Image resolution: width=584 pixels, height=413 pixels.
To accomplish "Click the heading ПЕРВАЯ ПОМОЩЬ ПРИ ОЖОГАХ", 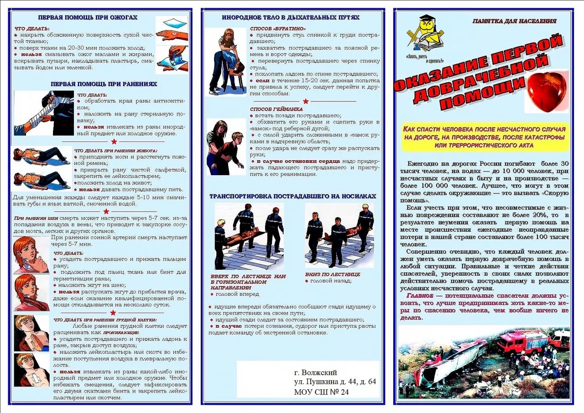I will pos(88,17).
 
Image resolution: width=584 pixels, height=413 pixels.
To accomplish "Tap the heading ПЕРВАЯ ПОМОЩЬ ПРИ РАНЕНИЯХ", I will pos(104,84).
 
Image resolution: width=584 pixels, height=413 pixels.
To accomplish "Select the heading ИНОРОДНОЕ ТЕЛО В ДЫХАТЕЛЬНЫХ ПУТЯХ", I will pos(291,17).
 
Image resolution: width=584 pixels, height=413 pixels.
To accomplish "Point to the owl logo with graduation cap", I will pos(425,36).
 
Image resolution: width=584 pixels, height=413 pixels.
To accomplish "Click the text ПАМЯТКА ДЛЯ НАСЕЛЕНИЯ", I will pos(514,21).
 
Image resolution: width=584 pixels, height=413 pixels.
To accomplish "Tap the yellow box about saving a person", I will pos(485,137).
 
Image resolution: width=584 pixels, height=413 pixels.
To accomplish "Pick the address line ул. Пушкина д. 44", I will pos(335,382).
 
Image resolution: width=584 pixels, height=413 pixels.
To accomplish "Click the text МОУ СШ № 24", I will pos(321,392).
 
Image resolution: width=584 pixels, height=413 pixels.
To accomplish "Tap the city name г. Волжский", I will pos(316,372).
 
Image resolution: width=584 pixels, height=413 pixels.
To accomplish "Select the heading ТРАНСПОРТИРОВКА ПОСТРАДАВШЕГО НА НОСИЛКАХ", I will pos(292,196).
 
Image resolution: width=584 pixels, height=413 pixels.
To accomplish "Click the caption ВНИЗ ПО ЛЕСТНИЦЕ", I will pos(333,274).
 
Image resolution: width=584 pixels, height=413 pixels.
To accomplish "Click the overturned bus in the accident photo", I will pos(452,363).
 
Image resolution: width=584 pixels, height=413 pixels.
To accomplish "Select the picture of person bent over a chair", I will pos(225,62).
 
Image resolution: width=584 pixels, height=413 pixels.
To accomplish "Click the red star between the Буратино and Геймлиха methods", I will pos(305,101).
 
